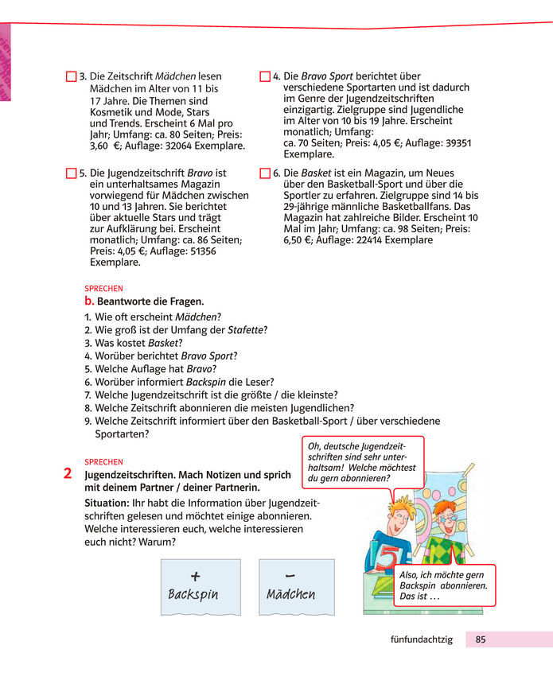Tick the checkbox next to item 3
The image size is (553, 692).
[72, 76]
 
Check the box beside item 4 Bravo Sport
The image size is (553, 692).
[265, 76]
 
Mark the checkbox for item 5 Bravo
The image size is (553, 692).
[72, 172]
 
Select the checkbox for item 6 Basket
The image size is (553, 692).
[265, 172]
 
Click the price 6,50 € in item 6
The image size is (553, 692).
[299, 239]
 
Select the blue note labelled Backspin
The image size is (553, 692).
[201, 586]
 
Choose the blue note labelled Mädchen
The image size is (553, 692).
[290, 586]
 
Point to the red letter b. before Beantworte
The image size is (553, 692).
[89, 301]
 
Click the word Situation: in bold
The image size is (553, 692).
[106, 503]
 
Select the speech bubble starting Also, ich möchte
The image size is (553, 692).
[444, 585]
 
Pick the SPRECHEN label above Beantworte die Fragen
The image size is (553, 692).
[103, 289]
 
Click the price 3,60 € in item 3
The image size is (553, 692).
[103, 146]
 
